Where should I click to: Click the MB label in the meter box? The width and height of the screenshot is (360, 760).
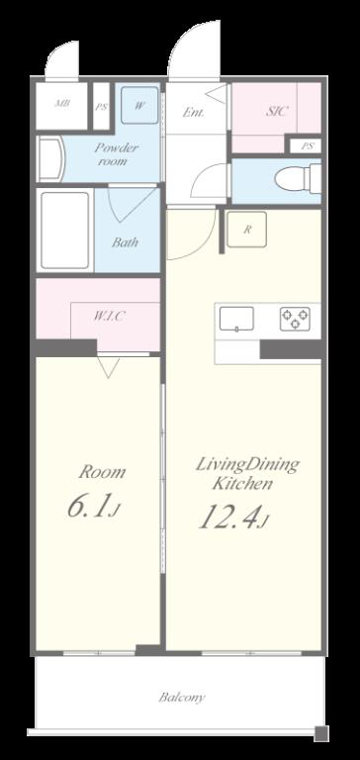pos(61,103)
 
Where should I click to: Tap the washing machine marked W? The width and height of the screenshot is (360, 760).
pos(139,105)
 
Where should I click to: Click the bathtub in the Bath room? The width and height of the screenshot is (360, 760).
pos(65,230)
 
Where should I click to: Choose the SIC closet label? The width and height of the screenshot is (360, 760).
pos(277,111)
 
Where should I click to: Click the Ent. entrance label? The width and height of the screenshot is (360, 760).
pos(193,112)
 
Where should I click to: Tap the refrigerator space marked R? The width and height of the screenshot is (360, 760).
pos(246,230)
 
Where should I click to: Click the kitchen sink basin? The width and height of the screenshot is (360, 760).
pos(236,319)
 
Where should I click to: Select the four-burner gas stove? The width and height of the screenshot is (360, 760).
pos(295,319)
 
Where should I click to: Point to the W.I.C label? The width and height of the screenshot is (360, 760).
pos(109,317)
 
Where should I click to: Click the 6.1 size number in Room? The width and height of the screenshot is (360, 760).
pos(93,506)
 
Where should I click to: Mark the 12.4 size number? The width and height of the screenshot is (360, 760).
pos(233,517)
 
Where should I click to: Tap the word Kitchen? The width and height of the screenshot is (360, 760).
pos(242,483)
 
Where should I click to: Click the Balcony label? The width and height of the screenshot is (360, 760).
pos(182,698)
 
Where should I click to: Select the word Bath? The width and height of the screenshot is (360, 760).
pos(125,241)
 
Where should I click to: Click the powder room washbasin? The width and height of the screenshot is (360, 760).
pos(50,159)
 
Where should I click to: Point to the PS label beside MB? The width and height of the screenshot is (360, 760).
pos(101,107)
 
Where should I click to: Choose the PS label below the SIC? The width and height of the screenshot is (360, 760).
pos(308,145)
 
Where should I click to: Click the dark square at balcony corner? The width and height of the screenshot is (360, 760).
pos(320,733)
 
